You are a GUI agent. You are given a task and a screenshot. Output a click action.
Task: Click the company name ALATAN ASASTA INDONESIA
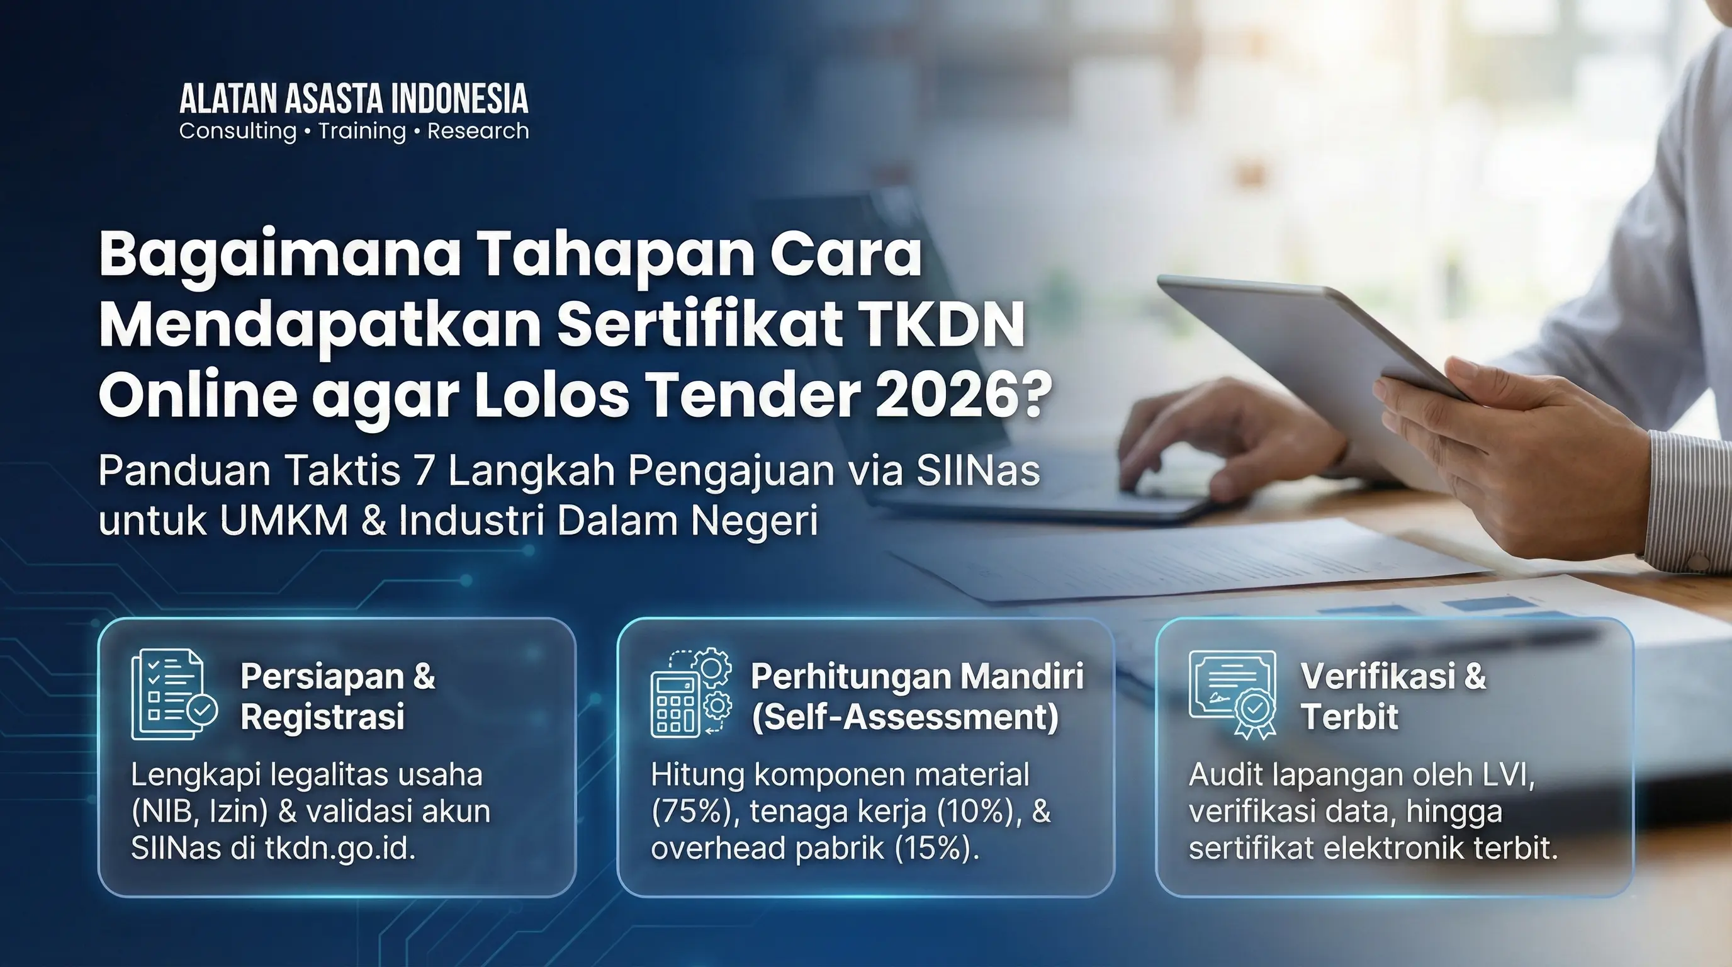coord(354,99)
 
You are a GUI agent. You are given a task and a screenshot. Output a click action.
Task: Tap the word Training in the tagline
coord(363,131)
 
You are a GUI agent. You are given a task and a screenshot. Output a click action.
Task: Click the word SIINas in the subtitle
coord(977,470)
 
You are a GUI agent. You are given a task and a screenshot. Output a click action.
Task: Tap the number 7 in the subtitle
coord(424,471)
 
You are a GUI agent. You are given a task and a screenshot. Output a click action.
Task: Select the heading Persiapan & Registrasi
coord(338,696)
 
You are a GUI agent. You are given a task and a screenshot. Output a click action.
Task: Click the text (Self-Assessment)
coord(905,717)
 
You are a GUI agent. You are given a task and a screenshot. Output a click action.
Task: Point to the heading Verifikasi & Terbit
coord(1393,696)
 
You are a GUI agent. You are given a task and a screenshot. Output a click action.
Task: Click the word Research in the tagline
coord(478,131)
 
